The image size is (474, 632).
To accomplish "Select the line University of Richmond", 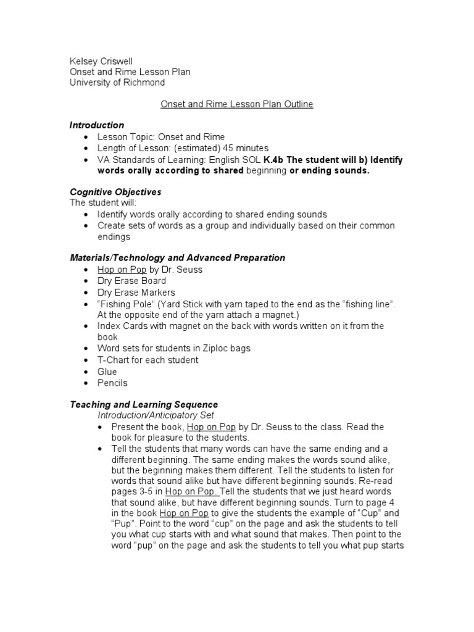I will tap(117, 83).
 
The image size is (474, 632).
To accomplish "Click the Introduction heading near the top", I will tap(96, 125).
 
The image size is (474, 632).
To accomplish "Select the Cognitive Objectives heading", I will tap(115, 192).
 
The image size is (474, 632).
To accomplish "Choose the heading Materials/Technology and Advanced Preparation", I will tap(177, 257).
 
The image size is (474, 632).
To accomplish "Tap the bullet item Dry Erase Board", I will tap(131, 281).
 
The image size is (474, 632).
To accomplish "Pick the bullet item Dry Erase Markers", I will tap(136, 293).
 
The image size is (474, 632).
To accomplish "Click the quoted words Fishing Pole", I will tap(123, 304).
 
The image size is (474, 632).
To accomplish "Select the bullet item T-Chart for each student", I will tap(148, 360).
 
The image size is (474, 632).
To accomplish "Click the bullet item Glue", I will tap(107, 372).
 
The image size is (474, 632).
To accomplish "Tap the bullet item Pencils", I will tap(112, 383).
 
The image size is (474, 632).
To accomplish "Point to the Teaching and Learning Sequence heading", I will tap(144, 405).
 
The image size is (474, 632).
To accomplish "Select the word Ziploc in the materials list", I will tap(213, 349).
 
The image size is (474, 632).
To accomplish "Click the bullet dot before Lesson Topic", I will tap(85, 137).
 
